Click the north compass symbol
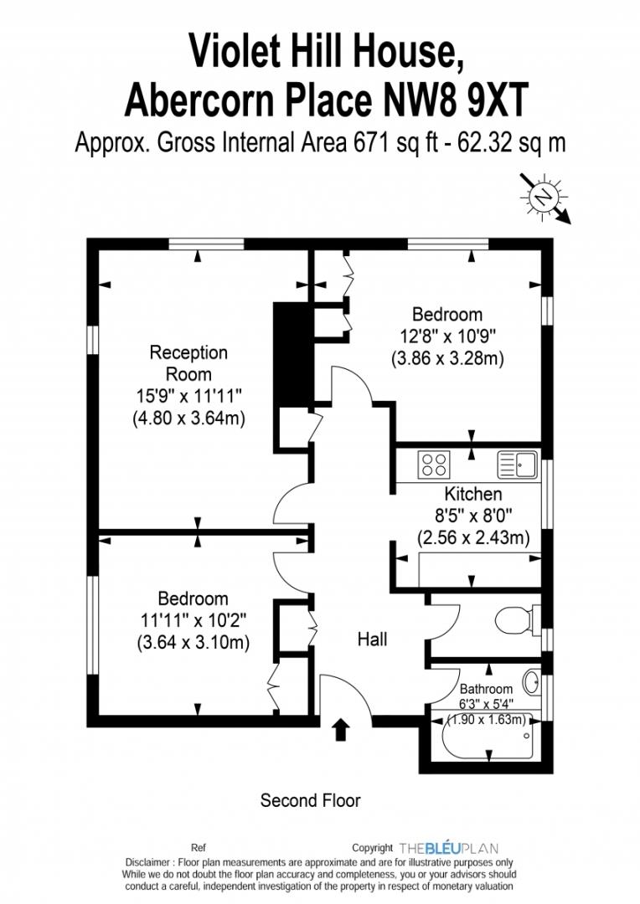pyautogui.click(x=544, y=198)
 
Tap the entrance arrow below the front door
pyautogui.click(x=341, y=729)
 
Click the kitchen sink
pyautogui.click(x=517, y=465)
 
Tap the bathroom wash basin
pyautogui.click(x=532, y=682)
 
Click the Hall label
pyautogui.click(x=372, y=639)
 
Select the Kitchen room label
pyautogui.click(x=473, y=494)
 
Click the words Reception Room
pyautogui.click(x=188, y=363)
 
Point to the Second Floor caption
pyautogui.click(x=311, y=800)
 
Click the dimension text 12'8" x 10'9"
pyautogui.click(x=447, y=336)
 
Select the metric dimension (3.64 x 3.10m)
pyautogui.click(x=194, y=642)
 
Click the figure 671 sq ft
pyautogui.click(x=392, y=142)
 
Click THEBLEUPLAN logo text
pyautogui.click(x=448, y=848)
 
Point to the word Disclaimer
pyautogui.click(x=147, y=862)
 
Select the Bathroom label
pyautogui.click(x=486, y=689)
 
